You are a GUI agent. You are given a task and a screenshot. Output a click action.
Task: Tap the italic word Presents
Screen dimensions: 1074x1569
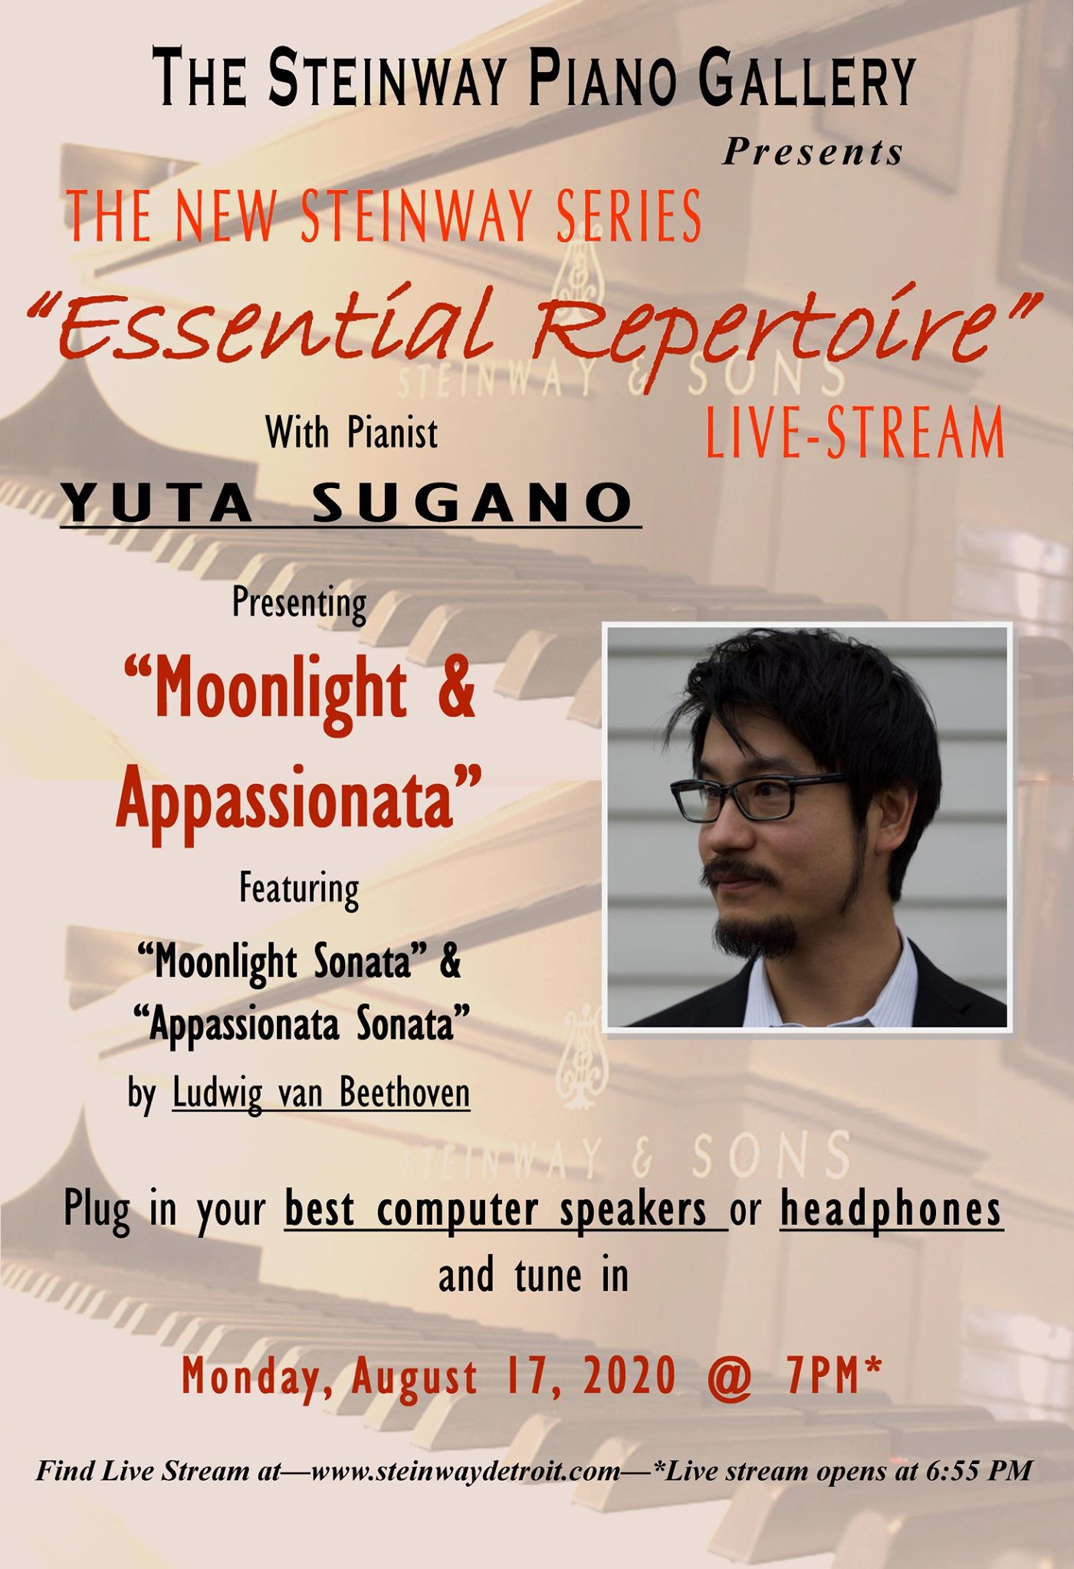tap(813, 151)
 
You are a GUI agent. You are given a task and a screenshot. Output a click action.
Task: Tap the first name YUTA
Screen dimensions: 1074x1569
tap(157, 503)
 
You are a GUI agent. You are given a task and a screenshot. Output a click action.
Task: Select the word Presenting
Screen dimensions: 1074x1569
tap(300, 604)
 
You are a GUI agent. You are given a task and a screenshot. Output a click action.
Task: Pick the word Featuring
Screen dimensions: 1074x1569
tap(299, 889)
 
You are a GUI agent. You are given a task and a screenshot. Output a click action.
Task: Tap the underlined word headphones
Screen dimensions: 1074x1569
tap(891, 1210)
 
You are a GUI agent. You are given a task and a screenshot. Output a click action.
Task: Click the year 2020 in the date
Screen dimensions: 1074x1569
tap(629, 1375)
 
